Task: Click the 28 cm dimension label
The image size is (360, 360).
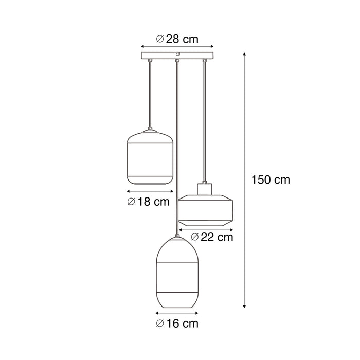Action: tap(177, 39)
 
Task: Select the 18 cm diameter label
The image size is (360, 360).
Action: tap(148, 202)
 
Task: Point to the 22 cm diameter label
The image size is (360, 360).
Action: tap(212, 237)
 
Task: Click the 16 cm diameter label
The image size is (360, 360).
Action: tap(177, 323)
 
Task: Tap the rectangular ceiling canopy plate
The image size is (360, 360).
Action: tap(177, 55)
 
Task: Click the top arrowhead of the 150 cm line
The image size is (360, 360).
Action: tap(244, 54)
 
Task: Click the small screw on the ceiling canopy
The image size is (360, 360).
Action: tap(177, 53)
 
